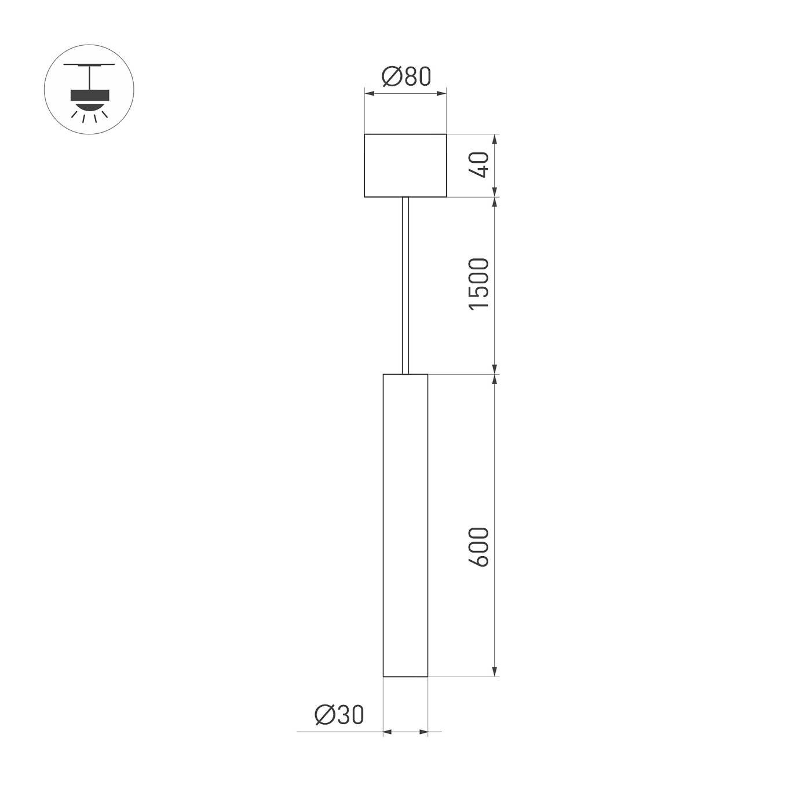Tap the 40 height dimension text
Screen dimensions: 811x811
(480, 165)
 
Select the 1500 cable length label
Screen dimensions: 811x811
(480, 284)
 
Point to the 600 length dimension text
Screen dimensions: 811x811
(480, 546)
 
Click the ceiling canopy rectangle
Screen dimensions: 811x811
(405, 166)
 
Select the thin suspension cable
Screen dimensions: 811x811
(405, 284)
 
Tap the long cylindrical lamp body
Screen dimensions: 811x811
(405, 524)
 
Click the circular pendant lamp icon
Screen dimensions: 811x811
(89, 90)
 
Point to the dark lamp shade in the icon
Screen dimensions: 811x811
(89, 95)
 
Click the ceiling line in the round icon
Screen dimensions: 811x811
(89, 64)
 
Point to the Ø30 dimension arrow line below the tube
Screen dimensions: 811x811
(405, 732)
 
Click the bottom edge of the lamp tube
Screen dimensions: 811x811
(405, 676)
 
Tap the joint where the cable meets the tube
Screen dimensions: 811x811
(405, 374)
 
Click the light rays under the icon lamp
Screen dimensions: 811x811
(89, 116)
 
